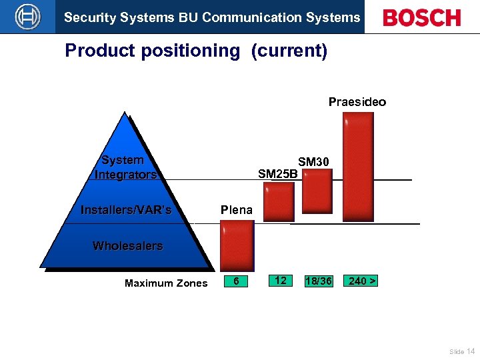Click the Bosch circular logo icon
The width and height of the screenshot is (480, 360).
coord(27,17)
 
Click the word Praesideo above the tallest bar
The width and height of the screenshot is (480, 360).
coord(357,102)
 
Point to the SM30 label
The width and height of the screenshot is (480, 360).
coord(313,162)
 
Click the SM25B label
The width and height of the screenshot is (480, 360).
coord(277,175)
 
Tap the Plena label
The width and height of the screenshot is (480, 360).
coord(237,210)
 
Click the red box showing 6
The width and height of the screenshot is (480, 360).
coord(236,281)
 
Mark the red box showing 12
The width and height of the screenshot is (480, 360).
coord(280,281)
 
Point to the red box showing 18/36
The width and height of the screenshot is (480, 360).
coord(318,281)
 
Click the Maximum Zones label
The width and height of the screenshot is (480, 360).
coord(166,283)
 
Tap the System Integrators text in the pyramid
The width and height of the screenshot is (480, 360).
coord(125,167)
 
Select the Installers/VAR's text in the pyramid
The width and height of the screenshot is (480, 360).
coord(126,210)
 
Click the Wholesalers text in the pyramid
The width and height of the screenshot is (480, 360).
coord(127,246)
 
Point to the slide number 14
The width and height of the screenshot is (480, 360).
coord(471,351)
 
